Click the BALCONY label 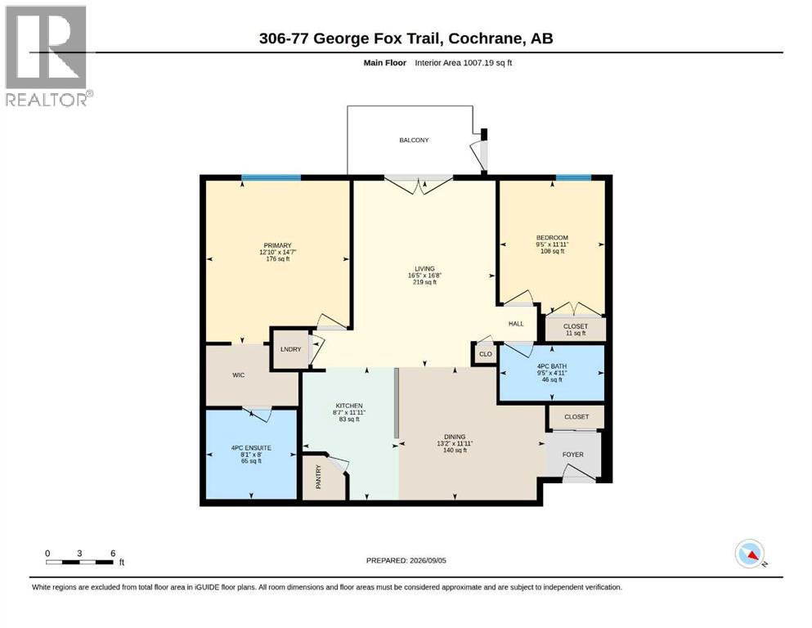pyautogui.click(x=414, y=140)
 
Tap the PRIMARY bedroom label pyautogui.click(x=277, y=245)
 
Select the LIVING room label pyautogui.click(x=424, y=269)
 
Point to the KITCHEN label pyautogui.click(x=349, y=406)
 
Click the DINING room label pyautogui.click(x=455, y=437)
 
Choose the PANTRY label pyautogui.click(x=318, y=476)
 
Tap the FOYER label pyautogui.click(x=572, y=455)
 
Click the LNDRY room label pyautogui.click(x=290, y=349)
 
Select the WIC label pyautogui.click(x=238, y=375)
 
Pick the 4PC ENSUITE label pyautogui.click(x=251, y=448)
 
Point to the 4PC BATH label pyautogui.click(x=552, y=366)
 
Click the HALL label pyautogui.click(x=516, y=324)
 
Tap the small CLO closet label pyautogui.click(x=486, y=354)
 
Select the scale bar pyautogui.click(x=80, y=562)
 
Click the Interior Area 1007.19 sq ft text pyautogui.click(x=464, y=63)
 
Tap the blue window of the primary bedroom pyautogui.click(x=271, y=178)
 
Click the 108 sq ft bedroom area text pyautogui.click(x=552, y=251)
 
